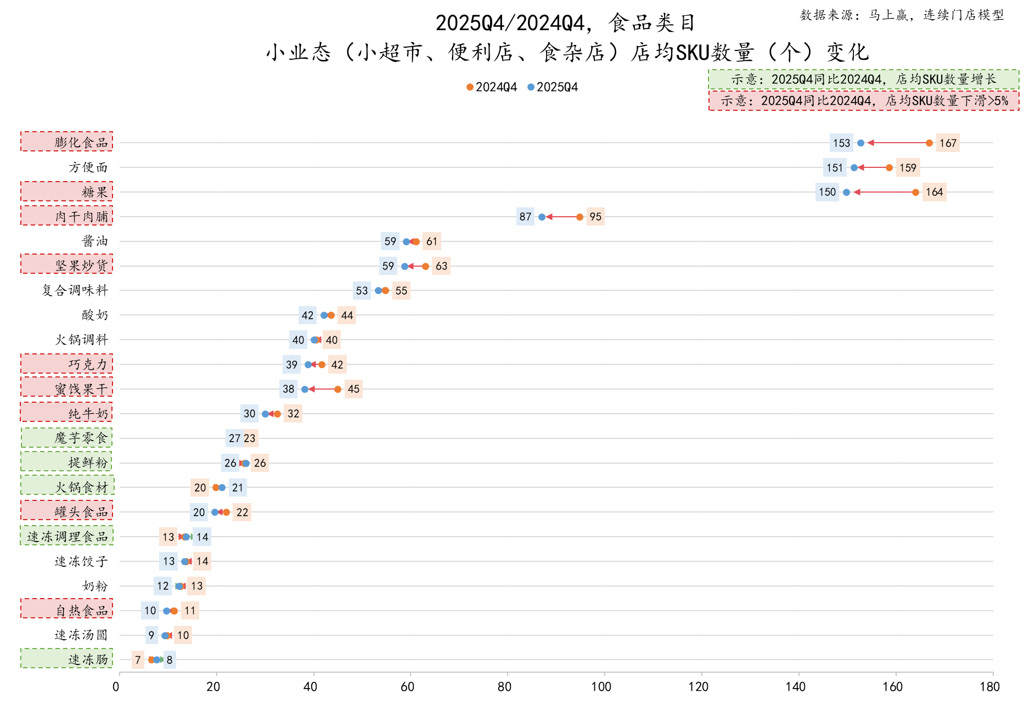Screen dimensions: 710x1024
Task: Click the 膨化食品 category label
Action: [81, 143]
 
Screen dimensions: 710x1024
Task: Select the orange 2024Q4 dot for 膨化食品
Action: [929, 143]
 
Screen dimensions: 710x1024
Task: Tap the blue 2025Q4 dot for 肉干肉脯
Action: [542, 217]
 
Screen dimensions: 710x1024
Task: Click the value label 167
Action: [948, 143]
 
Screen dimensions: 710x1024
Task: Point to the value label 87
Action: [525, 217]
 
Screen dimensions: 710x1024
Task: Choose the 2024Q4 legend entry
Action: [492, 87]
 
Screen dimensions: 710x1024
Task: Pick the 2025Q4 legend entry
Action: [553, 87]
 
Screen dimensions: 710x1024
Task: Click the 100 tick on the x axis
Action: [601, 686]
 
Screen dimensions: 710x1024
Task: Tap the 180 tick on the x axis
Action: [990, 686]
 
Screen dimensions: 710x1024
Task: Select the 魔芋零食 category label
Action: [81, 438]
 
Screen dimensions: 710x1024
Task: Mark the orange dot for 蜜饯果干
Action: [337, 389]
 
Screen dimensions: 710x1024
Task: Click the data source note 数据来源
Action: [902, 15]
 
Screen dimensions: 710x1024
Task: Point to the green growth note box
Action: [863, 80]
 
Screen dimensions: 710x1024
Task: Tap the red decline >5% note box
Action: [864, 101]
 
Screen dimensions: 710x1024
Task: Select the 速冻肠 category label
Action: [88, 660]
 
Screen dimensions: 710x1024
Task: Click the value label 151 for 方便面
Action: [834, 168]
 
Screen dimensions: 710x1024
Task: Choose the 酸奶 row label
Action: [95, 315]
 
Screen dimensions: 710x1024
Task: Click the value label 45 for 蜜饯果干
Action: [353, 389]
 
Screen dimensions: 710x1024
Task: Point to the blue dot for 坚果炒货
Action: [404, 266]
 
